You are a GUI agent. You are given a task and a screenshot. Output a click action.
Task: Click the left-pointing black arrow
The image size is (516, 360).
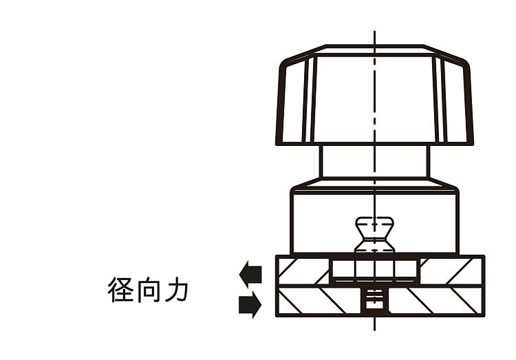click(x=250, y=275)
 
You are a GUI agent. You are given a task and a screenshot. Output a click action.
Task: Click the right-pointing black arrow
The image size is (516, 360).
click(x=250, y=304)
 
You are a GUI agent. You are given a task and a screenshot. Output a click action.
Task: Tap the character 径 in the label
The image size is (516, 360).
click(x=121, y=290)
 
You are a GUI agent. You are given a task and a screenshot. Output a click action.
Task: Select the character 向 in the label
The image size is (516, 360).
click(x=148, y=290)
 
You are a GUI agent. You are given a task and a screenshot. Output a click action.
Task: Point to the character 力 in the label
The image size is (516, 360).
click(x=176, y=290)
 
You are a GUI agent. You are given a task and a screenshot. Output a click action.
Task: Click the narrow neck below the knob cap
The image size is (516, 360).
click(x=374, y=161)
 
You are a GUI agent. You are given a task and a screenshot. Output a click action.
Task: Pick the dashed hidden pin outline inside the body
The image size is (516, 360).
click(x=374, y=235)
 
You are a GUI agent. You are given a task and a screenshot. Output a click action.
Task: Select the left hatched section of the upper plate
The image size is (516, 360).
click(x=303, y=271)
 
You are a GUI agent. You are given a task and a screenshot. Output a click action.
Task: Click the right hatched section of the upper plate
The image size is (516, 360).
click(x=451, y=271)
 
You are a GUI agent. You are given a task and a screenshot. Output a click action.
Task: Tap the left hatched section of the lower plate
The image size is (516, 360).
click(x=319, y=301)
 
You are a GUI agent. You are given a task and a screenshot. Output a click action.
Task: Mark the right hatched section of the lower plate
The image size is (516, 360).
click(x=436, y=301)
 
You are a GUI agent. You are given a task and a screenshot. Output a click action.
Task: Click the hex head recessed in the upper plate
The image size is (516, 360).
click(x=374, y=268)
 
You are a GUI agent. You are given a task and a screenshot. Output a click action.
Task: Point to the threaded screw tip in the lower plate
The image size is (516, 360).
click(x=374, y=299)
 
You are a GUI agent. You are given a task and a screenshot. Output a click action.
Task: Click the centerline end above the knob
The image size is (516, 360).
click(x=374, y=31)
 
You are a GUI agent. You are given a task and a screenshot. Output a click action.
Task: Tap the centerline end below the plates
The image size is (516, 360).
click(x=374, y=330)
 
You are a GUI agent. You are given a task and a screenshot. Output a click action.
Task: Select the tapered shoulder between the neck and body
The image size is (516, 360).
click(x=374, y=184)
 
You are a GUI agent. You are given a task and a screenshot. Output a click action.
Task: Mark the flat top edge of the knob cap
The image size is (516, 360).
click(x=374, y=46)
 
